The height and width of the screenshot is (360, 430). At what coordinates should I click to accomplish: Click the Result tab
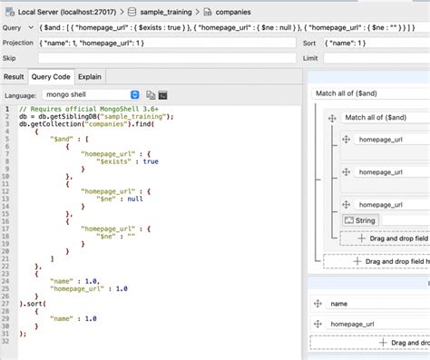click(14, 77)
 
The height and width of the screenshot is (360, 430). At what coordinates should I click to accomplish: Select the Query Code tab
click(51, 77)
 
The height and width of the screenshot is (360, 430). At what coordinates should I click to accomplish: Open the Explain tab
click(90, 77)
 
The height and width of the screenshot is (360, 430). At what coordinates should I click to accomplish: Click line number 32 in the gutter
click(8, 333)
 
